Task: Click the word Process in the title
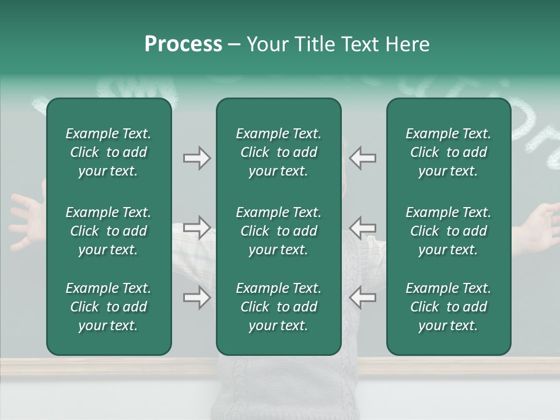[183, 44]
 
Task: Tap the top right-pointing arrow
[197, 157]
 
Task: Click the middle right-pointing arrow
[197, 227]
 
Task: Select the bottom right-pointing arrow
[197, 297]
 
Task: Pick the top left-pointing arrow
[362, 157]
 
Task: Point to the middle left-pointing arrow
[362, 227]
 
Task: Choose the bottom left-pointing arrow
[362, 297]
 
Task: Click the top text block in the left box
[108, 152]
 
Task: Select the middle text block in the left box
[108, 231]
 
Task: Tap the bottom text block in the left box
[108, 307]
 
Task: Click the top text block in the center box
[278, 152]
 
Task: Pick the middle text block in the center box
[278, 231]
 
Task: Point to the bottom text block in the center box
[278, 307]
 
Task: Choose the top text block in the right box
[449, 152]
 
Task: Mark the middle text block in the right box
[449, 231]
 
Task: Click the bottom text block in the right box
[449, 307]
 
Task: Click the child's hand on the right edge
[540, 225]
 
